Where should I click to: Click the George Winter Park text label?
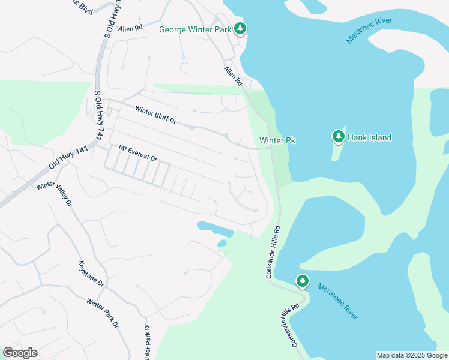coord(195,29)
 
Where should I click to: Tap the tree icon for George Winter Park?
coord(240,28)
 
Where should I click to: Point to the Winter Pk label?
coord(277,140)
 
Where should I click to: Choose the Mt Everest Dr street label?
coord(137,154)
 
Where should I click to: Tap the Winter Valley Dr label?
coord(54,194)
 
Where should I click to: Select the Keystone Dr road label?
coord(91,274)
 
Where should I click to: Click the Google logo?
coord(20,353)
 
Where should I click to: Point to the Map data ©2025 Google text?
coord(412,355)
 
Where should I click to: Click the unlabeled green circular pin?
coord(302,281)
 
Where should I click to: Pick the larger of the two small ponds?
coord(214,228)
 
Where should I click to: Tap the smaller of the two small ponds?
coord(222,243)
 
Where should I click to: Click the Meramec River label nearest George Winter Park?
coord(369,30)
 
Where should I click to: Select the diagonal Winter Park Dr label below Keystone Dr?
coord(102,313)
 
